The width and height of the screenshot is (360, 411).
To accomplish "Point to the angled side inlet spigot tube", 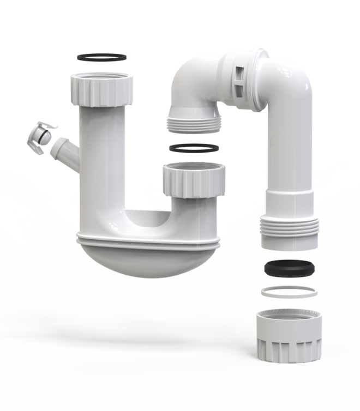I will [64, 150].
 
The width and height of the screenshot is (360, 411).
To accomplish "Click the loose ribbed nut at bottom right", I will [288, 335].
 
